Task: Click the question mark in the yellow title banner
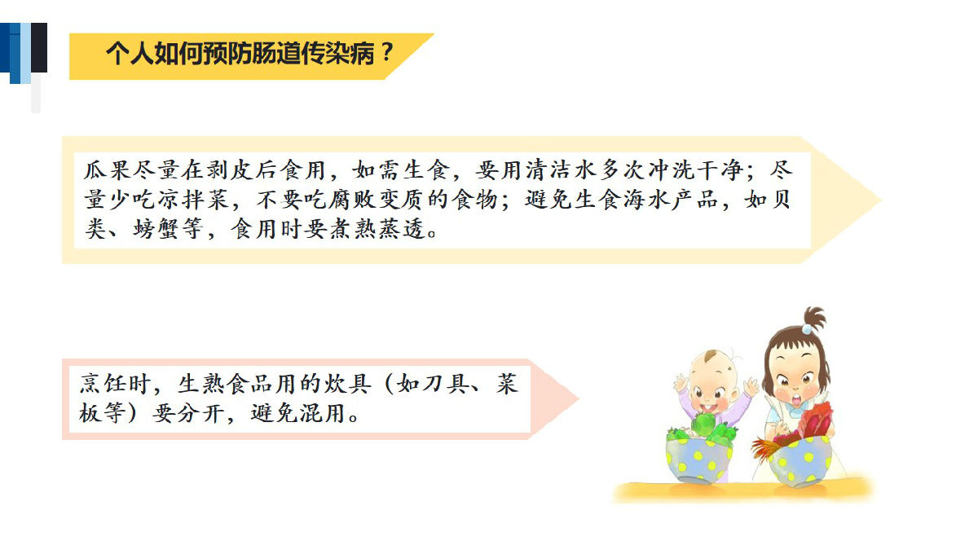coord(386,52)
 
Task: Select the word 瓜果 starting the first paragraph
coord(108,169)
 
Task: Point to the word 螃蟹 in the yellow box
coord(156,229)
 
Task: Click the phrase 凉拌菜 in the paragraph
coord(193,200)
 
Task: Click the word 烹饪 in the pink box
coord(103,384)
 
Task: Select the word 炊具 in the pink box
coord(348,384)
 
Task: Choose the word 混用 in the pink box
coord(322,413)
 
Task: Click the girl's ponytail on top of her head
coord(815,318)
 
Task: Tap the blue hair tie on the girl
coord(807,328)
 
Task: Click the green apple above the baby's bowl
coord(703,425)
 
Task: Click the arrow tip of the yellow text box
coord(881,200)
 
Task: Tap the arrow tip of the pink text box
coord(578,398)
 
